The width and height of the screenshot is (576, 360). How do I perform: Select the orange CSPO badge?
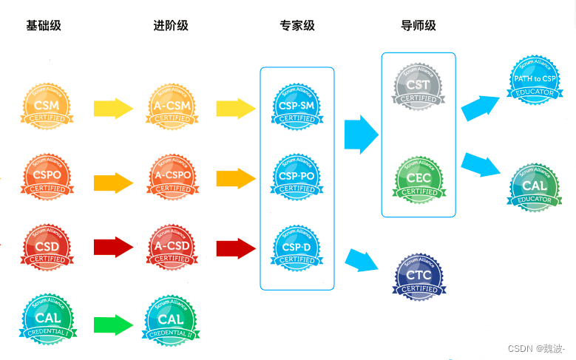[x=47, y=177]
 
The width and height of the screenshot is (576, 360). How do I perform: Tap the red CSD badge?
[x=47, y=247]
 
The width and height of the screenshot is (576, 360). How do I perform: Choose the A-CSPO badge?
[x=172, y=177]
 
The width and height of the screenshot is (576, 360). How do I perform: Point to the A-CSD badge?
[x=172, y=247]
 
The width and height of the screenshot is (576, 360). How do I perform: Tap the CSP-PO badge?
[x=297, y=177]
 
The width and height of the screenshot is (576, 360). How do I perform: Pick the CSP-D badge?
[x=297, y=248]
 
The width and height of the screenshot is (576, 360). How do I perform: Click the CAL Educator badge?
[x=535, y=188]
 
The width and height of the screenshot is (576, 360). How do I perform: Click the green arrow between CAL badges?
[x=113, y=325]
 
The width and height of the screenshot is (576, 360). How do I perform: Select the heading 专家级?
[x=297, y=26]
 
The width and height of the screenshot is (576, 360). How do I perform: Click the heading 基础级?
[x=44, y=26]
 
